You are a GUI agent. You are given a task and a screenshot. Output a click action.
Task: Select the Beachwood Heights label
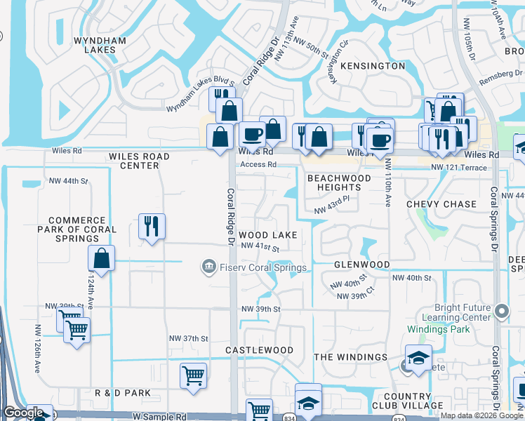334,182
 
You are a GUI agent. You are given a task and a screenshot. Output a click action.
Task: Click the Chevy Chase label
441,204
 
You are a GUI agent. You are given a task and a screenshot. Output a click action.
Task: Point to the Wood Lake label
267,234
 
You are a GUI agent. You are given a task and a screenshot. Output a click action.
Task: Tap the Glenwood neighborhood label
361,265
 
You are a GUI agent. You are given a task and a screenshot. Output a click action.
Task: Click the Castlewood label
259,349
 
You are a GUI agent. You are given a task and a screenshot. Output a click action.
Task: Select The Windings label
350,357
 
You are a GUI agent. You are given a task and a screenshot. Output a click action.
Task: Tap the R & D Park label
123,393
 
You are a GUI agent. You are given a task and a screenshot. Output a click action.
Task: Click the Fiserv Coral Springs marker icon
208,267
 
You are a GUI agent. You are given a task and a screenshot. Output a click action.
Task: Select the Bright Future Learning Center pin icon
501,311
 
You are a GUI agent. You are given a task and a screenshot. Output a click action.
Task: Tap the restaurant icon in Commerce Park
152,226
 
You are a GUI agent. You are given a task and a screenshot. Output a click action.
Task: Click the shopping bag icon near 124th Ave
102,258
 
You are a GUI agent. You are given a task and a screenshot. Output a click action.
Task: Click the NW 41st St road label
260,247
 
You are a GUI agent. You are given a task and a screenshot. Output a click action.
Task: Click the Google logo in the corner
23,413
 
